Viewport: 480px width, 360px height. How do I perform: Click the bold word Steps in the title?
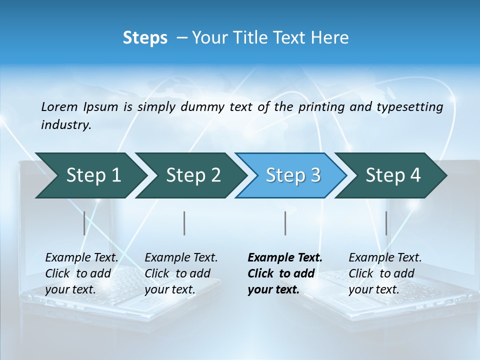click(145, 38)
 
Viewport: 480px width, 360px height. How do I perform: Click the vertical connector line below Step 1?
click(84, 223)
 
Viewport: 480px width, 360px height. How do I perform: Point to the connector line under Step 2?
click(184, 223)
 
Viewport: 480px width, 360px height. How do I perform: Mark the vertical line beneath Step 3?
click(285, 223)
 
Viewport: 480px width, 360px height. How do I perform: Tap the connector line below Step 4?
click(386, 223)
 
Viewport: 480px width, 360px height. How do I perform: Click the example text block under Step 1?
click(81, 273)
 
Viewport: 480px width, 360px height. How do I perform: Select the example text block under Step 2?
click(181, 273)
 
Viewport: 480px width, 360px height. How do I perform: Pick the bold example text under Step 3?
click(285, 273)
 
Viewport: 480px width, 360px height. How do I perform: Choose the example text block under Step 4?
click(385, 273)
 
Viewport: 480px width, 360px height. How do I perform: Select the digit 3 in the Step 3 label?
click(315, 175)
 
